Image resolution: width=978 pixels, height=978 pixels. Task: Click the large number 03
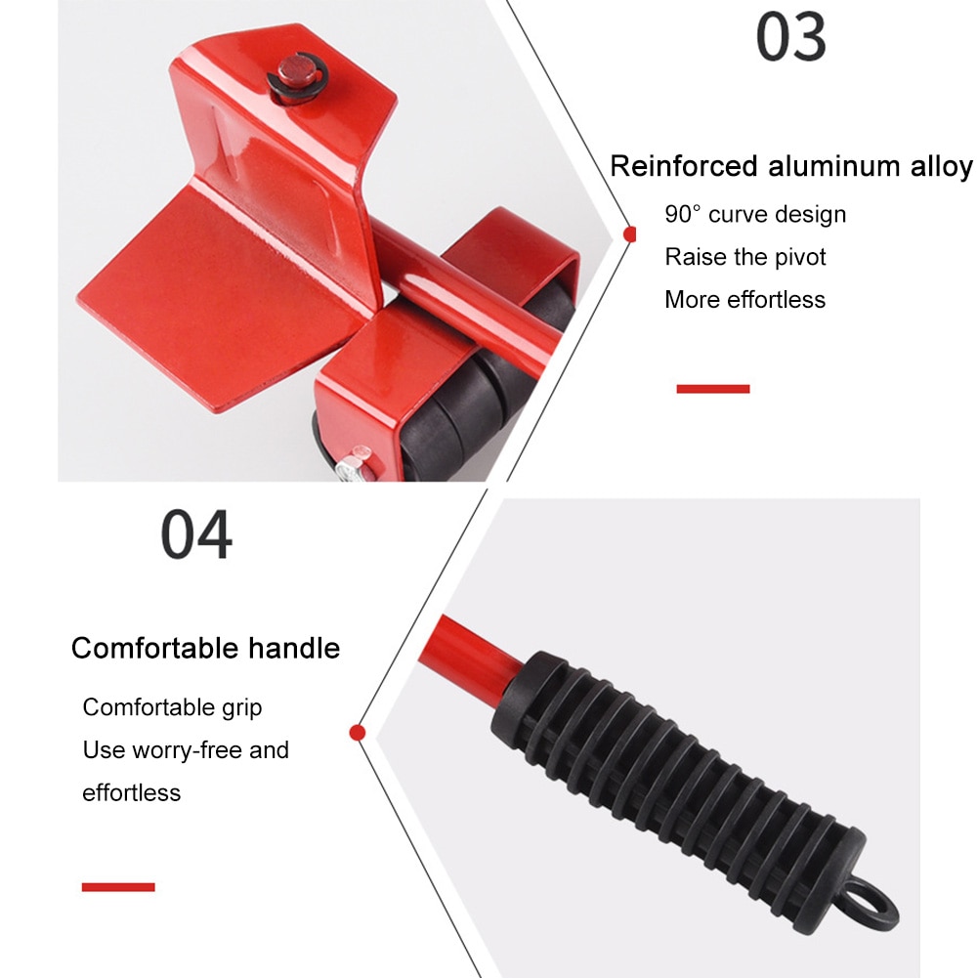coord(790,38)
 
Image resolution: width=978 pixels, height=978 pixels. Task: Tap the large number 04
coord(196,533)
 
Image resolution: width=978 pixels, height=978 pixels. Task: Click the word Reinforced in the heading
coord(684,166)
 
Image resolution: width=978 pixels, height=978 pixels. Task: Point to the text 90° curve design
coord(755,214)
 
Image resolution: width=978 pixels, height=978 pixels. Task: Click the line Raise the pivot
coord(744,257)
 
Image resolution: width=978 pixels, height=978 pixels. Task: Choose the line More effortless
coord(744,300)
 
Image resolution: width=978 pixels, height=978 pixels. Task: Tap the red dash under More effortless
coord(712,389)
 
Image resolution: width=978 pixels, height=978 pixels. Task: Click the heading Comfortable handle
coord(205,648)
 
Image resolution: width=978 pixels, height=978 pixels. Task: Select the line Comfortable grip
coord(172,707)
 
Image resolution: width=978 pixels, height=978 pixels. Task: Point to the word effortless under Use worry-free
coord(131,792)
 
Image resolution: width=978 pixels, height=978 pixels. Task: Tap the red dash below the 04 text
coord(118,887)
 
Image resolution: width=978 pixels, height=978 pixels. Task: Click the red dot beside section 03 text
coord(630,234)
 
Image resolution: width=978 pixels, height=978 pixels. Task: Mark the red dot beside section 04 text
coord(358,731)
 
